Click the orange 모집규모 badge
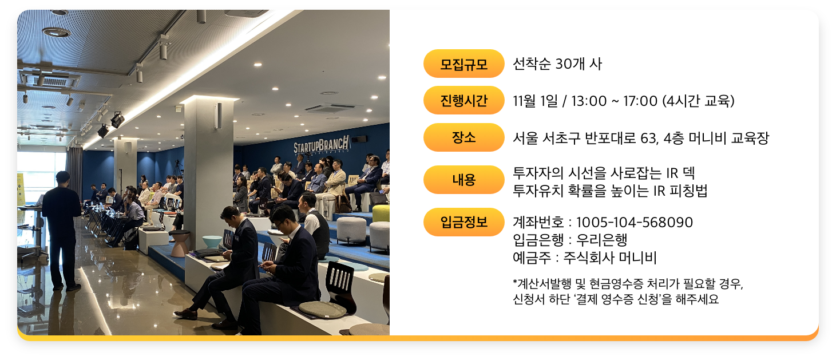[464, 64]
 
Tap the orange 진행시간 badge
[464, 101]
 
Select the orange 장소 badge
[464, 137]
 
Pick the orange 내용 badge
[464, 180]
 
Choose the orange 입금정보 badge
[464, 222]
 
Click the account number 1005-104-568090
[635, 223]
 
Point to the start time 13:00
[589, 101]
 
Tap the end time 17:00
[640, 101]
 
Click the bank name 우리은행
[601, 240]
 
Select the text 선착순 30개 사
[557, 64]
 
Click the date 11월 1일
[536, 101]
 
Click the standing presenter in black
[62, 230]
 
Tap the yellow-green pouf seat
[381, 213]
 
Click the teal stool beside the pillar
[212, 242]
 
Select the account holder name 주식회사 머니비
[610, 258]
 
